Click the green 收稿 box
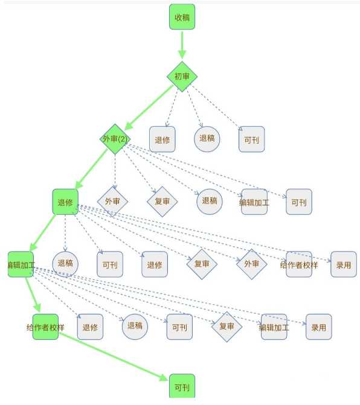click(x=182, y=17)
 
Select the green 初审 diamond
click(x=182, y=77)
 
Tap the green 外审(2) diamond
click(x=115, y=139)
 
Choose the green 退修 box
click(x=65, y=202)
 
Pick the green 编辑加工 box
click(x=21, y=264)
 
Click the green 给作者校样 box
click(x=45, y=327)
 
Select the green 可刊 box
click(x=182, y=386)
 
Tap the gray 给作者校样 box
click(x=299, y=264)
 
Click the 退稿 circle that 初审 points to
click(x=207, y=139)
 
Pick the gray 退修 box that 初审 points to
click(x=162, y=139)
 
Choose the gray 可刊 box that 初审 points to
click(x=251, y=139)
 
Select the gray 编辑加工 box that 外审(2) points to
click(x=254, y=202)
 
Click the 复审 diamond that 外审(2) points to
click(x=162, y=202)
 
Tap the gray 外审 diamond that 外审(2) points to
click(x=112, y=202)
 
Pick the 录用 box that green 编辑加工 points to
click(x=319, y=327)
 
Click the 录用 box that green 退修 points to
click(x=344, y=264)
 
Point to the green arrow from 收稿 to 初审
click(x=182, y=45)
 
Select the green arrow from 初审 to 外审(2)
click(x=149, y=107)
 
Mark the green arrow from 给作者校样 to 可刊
click(x=114, y=357)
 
